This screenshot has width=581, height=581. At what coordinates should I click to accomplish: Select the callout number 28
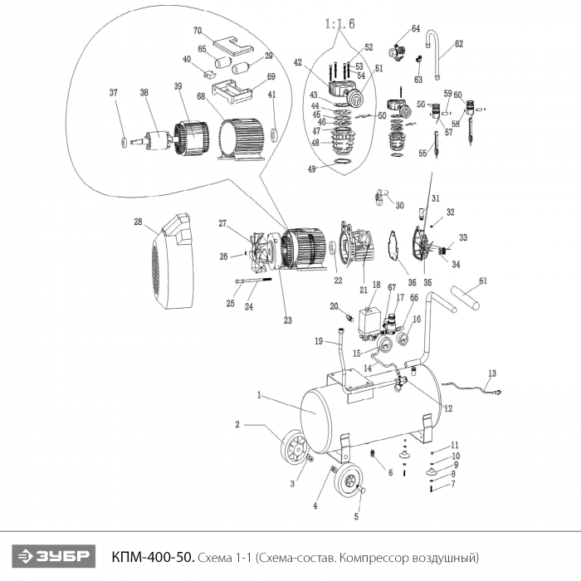[x=139, y=222]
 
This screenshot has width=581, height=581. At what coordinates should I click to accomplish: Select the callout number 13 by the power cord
[x=491, y=373]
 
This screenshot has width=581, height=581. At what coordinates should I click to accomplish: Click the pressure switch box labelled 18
[x=369, y=318]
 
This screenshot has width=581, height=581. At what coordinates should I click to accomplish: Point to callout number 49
[x=311, y=169]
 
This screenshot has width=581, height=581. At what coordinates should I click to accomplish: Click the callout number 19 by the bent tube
[x=318, y=341]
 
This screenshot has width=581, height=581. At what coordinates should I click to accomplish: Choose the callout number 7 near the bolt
[x=453, y=483]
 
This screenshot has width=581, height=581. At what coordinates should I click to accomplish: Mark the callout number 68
[x=201, y=97]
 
